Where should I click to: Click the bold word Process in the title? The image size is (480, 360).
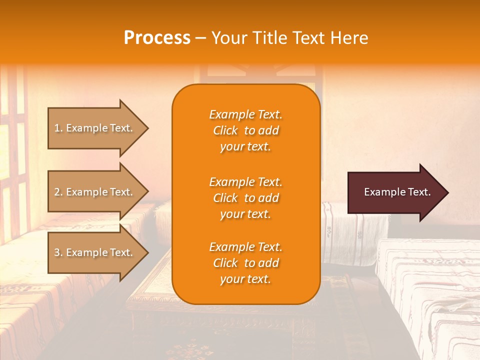157,38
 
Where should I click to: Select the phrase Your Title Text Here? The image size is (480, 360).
289,38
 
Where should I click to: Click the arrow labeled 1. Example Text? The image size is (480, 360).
95,128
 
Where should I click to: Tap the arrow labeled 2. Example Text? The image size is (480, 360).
95,192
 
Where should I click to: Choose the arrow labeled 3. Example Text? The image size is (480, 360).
95,252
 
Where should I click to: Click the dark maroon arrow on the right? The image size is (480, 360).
395,192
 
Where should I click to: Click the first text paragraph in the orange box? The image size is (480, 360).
245,130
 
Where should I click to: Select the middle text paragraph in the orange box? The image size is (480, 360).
245,198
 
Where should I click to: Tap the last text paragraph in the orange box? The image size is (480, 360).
245,263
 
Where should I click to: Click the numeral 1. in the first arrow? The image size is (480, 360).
58,128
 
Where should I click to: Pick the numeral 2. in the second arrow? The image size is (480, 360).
58,192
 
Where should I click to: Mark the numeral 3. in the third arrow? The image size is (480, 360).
58,252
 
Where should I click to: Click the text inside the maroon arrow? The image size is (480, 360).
397,192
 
